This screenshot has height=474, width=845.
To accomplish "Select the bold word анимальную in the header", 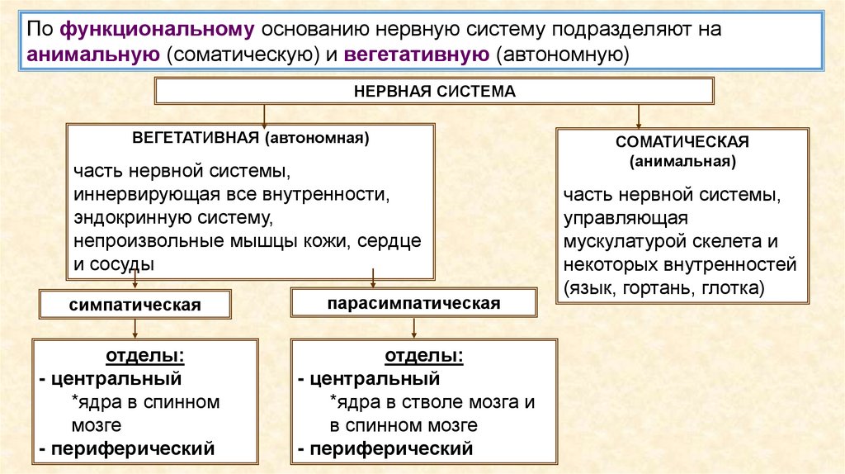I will [92, 55].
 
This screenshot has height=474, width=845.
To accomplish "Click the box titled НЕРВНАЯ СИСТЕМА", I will [434, 91].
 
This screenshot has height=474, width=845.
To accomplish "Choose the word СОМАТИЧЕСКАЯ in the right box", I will [682, 142].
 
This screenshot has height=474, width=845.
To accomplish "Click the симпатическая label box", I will [135, 305].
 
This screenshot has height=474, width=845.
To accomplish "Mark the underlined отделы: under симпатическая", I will [145, 357].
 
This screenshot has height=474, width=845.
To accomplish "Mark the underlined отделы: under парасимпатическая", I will [424, 357].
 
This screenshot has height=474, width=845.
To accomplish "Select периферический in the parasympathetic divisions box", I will [390, 449].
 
